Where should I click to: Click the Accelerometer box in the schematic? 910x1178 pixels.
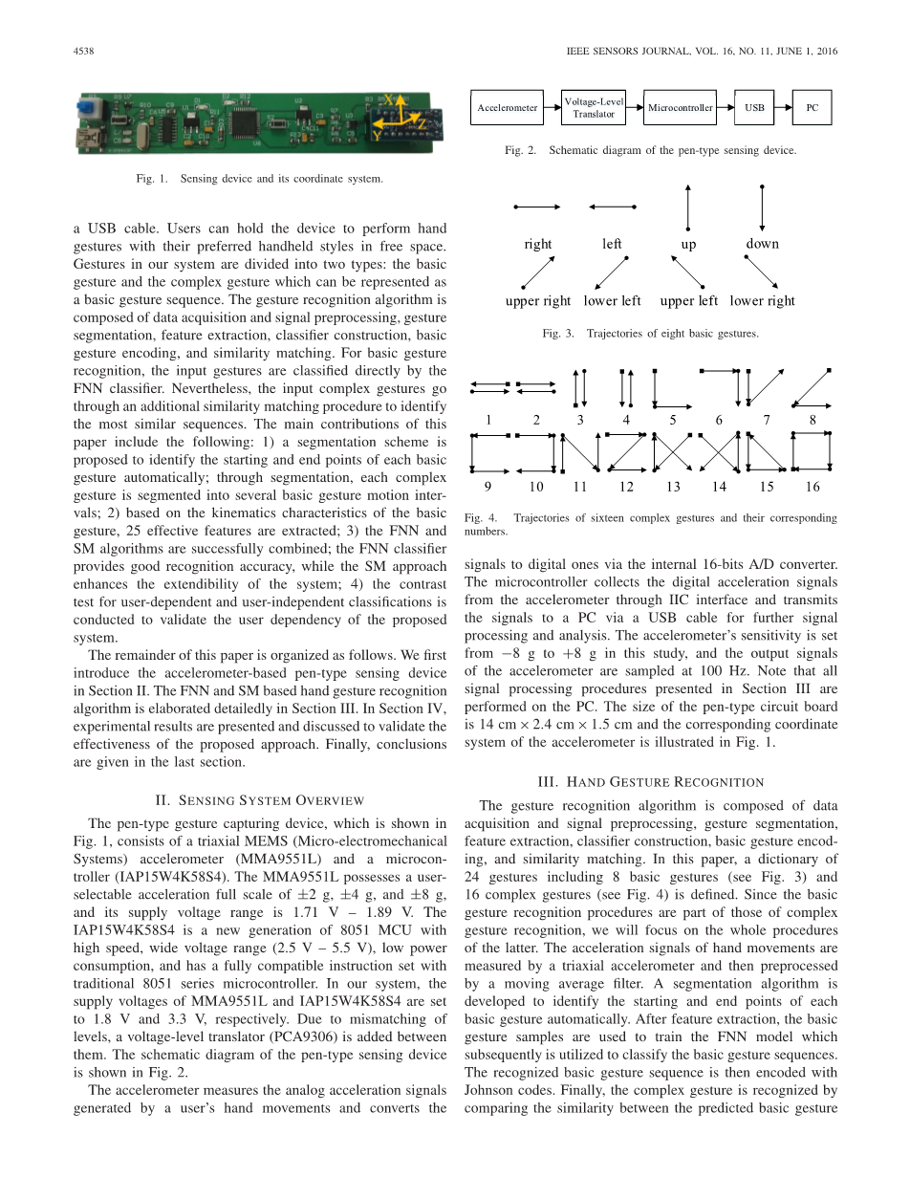click(508, 108)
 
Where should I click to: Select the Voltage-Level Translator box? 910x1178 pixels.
click(594, 108)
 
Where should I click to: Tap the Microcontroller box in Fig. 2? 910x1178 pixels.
click(680, 108)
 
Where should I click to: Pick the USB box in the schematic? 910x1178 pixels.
click(754, 108)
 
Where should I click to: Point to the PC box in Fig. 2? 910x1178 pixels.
click(812, 108)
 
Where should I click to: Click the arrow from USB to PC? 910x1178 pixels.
click(783, 108)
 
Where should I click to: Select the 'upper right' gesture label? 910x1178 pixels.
click(538, 301)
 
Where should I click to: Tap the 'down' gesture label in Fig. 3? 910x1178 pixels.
click(762, 244)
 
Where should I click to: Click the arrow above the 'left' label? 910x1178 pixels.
click(613, 207)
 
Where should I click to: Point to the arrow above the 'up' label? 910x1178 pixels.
click(688, 207)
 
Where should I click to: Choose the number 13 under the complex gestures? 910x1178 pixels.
click(673, 487)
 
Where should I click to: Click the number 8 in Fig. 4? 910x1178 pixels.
click(812, 420)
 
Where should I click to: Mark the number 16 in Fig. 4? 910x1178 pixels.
click(812, 487)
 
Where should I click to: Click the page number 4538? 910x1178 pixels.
click(85, 52)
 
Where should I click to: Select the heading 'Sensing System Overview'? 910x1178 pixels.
click(259, 800)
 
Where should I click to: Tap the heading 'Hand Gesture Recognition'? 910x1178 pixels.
click(651, 782)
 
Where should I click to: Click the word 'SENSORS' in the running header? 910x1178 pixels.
click(625, 52)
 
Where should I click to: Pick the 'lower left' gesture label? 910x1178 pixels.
click(613, 301)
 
